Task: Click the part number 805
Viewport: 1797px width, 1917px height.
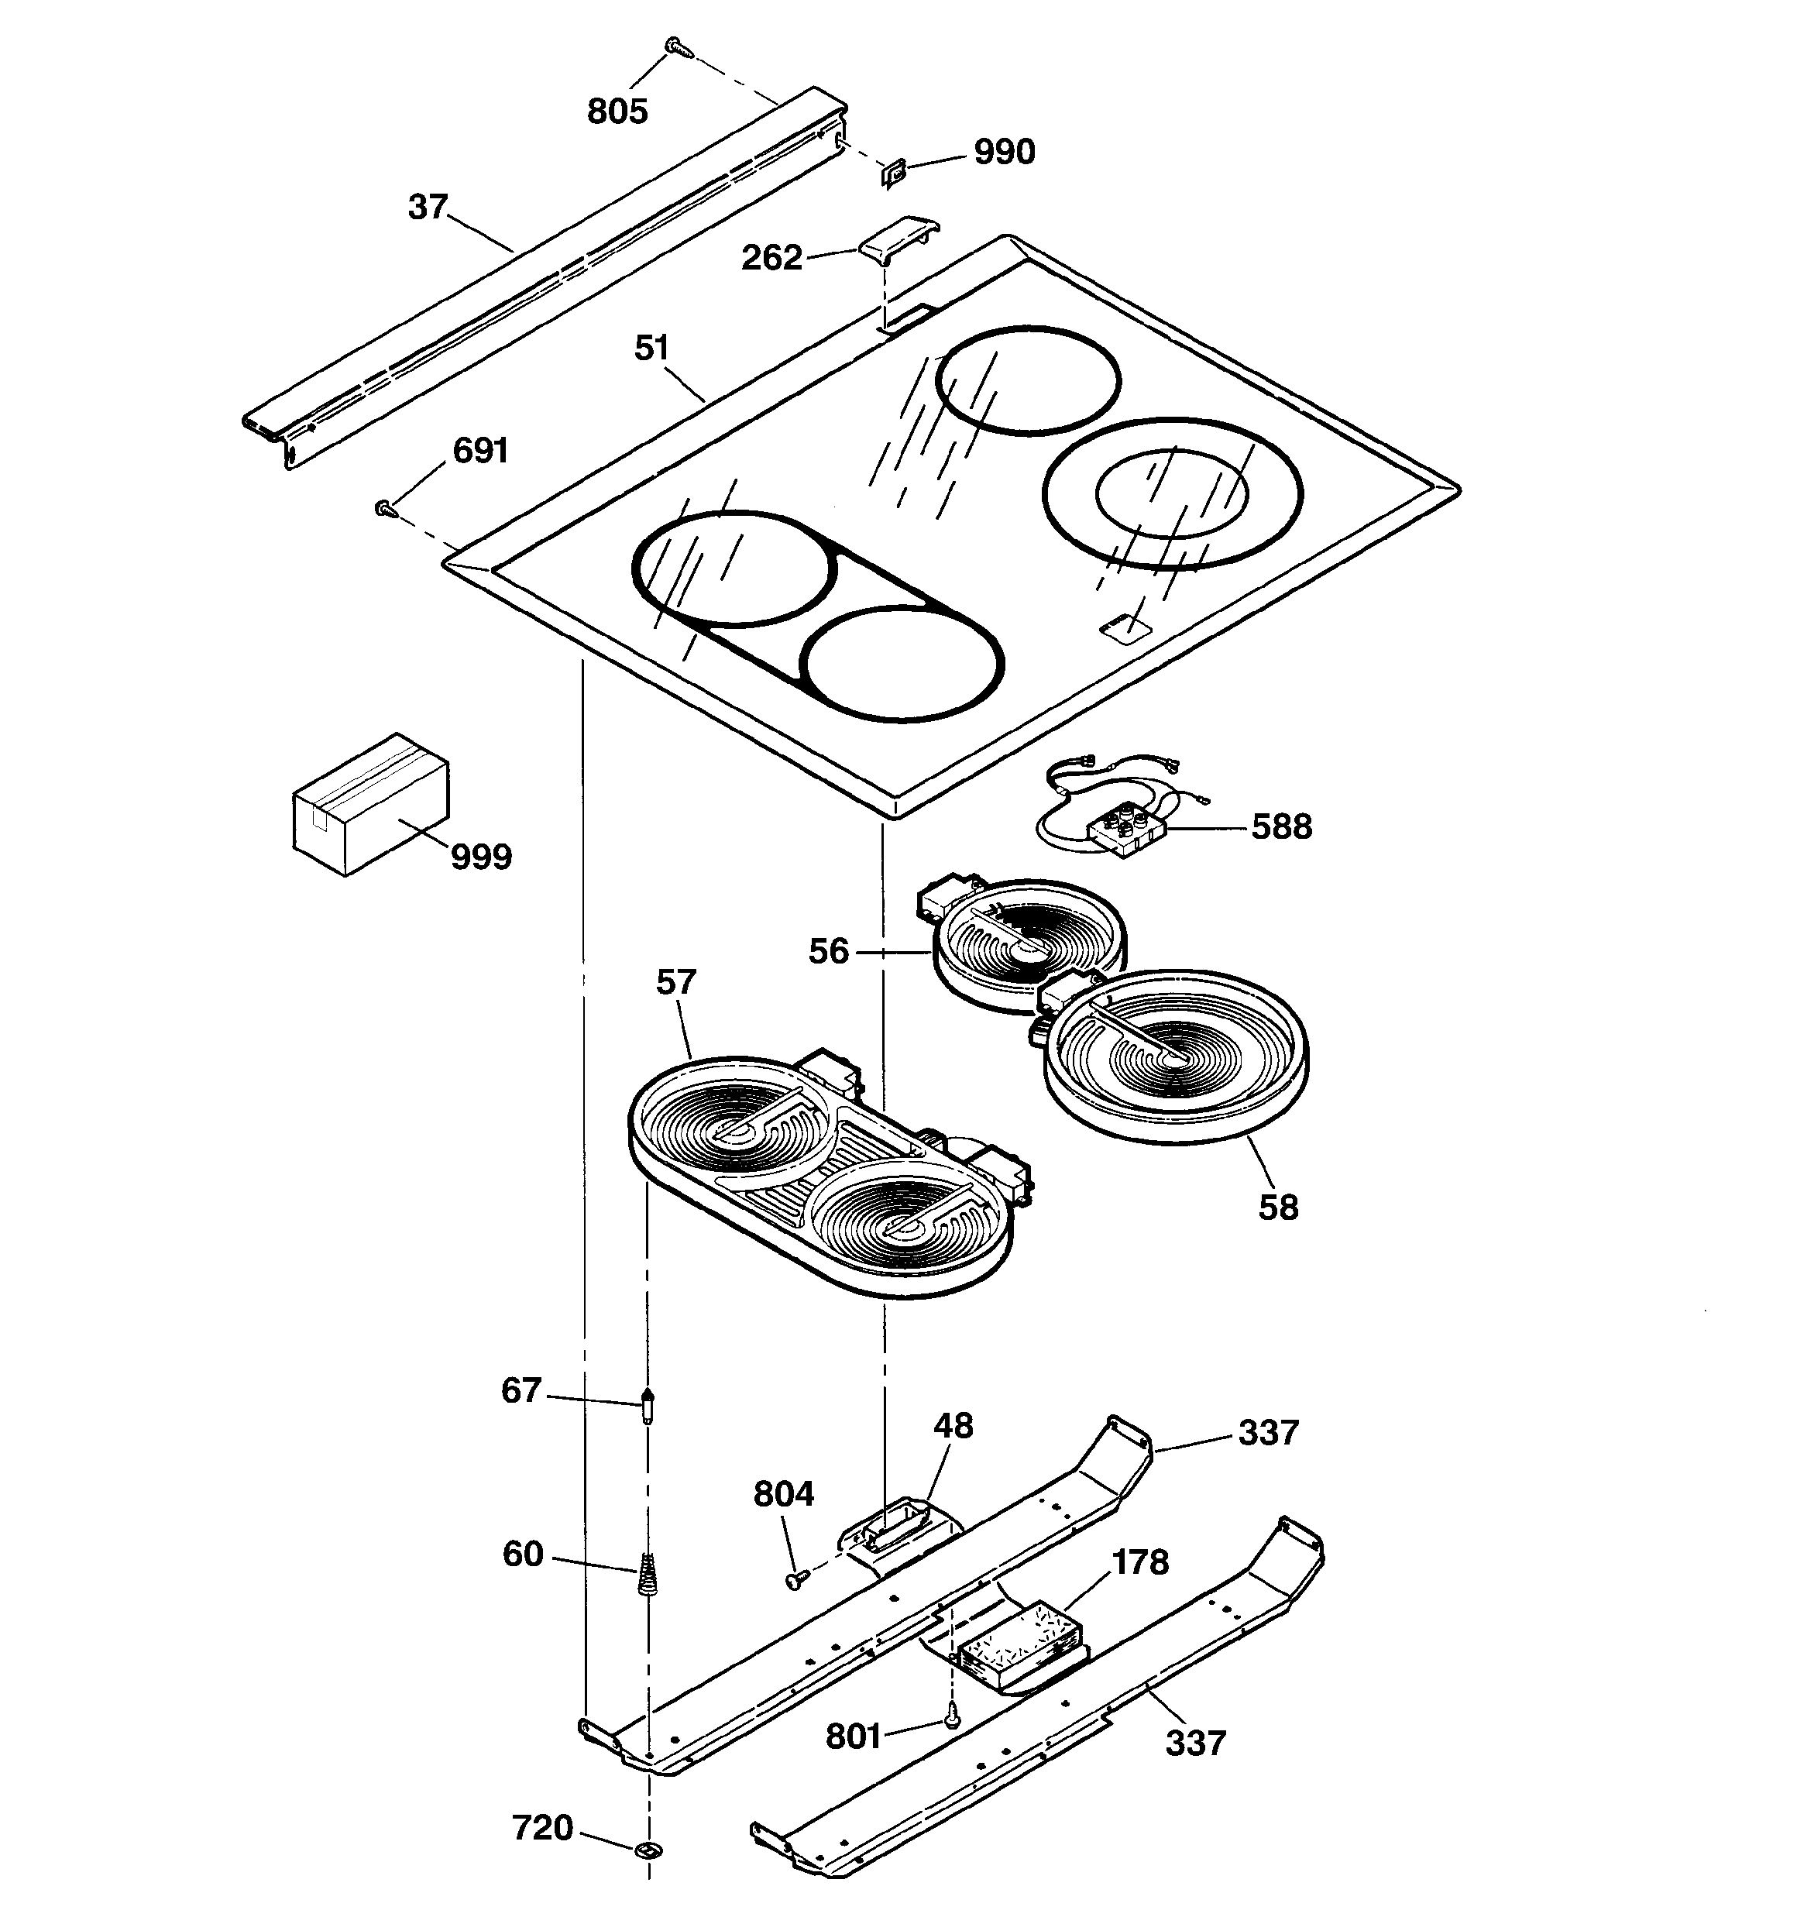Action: [x=617, y=112]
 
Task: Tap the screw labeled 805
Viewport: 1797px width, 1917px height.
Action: [x=674, y=44]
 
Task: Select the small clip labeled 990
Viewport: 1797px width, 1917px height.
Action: [x=894, y=174]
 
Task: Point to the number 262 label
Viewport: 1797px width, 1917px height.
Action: [x=771, y=259]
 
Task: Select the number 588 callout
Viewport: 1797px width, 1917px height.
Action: [x=1281, y=827]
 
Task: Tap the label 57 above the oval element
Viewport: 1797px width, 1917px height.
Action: [x=675, y=983]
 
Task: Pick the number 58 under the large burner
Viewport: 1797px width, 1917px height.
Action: [x=1278, y=1208]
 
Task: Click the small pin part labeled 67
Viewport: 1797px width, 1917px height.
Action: [x=648, y=1407]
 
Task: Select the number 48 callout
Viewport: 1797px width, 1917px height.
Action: [x=953, y=1426]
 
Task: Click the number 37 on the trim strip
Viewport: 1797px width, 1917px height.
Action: [x=428, y=208]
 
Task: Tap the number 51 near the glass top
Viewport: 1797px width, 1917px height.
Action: [x=652, y=348]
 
